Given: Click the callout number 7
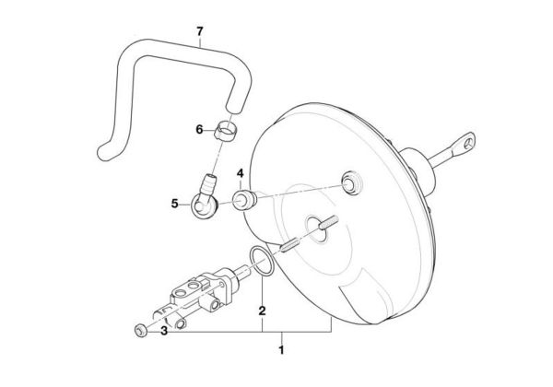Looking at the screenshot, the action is pyautogui.click(x=199, y=32).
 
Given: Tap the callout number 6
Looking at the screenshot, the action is pyautogui.click(x=198, y=130).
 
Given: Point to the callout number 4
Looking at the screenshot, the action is pyautogui.click(x=239, y=172).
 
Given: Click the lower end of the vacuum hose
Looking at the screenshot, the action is pyautogui.click(x=102, y=155).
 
